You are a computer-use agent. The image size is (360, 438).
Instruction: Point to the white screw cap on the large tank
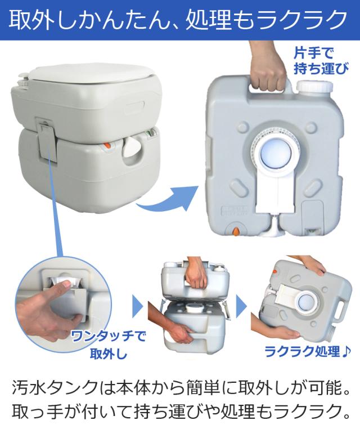[x=310, y=90]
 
